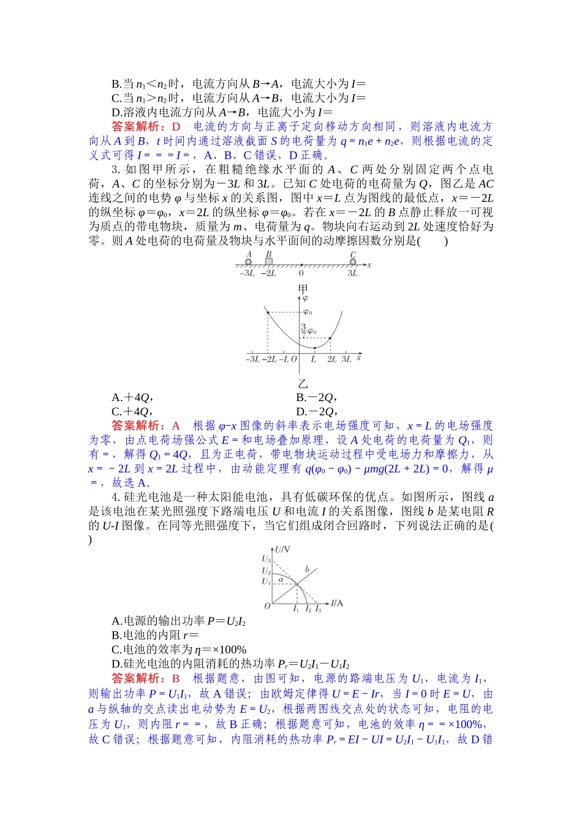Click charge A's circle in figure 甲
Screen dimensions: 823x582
point(248,261)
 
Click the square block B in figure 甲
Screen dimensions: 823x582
point(268,261)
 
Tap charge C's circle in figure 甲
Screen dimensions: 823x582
point(353,261)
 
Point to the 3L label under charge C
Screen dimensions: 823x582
point(353,273)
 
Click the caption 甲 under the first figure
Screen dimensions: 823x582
point(303,288)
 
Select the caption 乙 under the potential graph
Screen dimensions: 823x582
point(303,384)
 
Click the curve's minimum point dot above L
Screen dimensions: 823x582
point(314,348)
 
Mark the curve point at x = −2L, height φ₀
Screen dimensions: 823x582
point(268,313)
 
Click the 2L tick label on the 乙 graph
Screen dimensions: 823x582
point(331,359)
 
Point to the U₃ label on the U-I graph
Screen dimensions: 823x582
point(266,558)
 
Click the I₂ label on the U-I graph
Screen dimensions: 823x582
point(308,609)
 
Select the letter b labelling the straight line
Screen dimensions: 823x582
point(308,569)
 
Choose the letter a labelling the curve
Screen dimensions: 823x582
point(281,579)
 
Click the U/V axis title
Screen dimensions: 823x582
point(282,550)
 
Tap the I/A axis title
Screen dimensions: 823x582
point(337,603)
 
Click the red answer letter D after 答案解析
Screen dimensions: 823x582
point(176,127)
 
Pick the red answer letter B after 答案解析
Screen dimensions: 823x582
point(176,678)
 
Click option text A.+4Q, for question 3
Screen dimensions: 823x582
point(132,397)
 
